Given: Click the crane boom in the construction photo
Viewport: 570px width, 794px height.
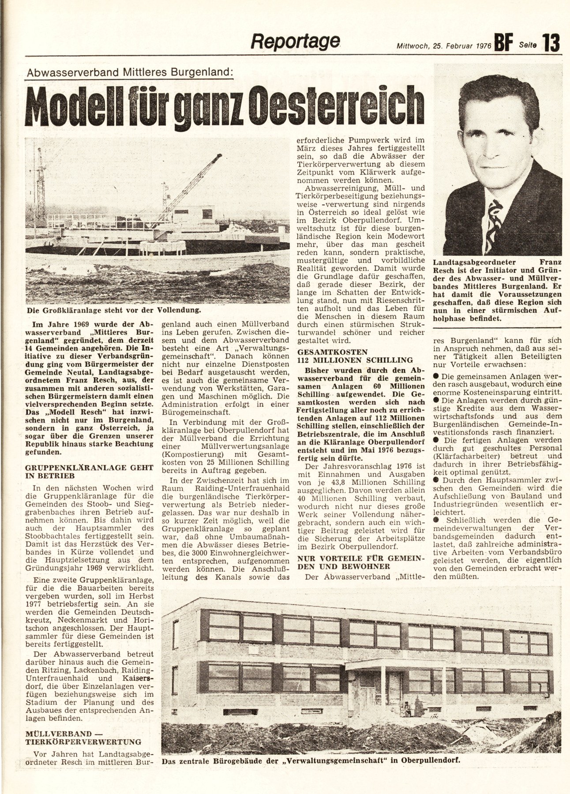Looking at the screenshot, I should pyautogui.click(x=194, y=181).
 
